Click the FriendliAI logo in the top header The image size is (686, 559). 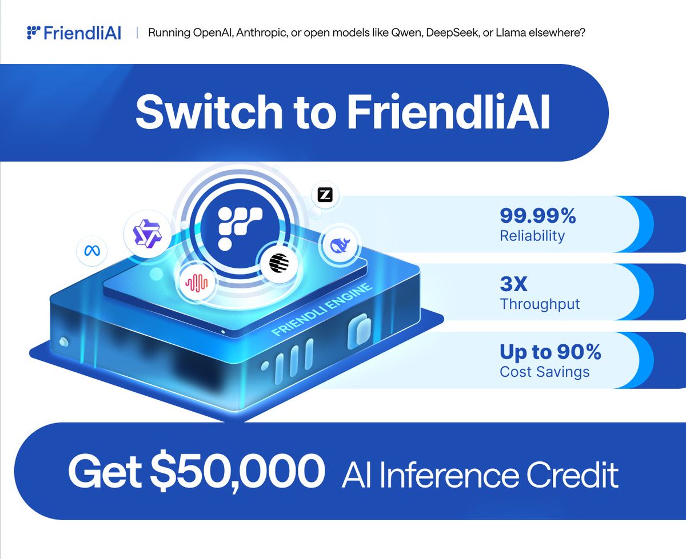coord(74,33)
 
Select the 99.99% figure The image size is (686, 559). coord(538,216)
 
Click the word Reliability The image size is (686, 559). coord(532,235)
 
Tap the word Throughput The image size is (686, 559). coord(540,304)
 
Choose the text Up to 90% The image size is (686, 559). coord(551,352)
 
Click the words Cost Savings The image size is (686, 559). coord(544,372)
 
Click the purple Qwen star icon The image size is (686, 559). coord(146,234)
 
